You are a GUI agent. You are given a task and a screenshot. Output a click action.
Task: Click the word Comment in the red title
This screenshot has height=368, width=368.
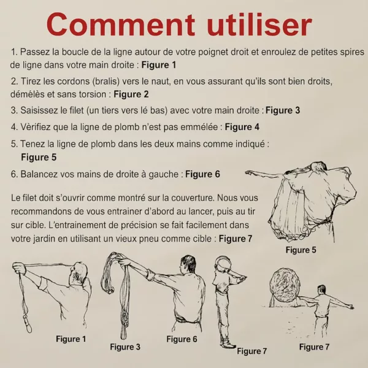pos(121,24)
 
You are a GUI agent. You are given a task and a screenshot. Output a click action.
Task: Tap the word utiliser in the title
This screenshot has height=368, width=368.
pos(259,24)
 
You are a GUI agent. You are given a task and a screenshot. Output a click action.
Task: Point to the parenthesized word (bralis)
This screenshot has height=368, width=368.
pos(107,82)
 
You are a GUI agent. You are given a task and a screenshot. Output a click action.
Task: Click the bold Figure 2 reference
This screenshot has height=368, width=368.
pos(131,94)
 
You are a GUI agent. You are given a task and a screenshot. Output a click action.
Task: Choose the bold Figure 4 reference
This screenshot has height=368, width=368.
pos(242,127)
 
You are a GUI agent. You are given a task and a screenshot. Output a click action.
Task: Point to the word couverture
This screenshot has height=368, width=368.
pos(193,198)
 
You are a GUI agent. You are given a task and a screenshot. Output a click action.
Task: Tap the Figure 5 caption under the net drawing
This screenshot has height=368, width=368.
pos(301,250)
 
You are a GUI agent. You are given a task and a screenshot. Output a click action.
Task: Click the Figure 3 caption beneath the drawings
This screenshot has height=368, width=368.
pos(125,347)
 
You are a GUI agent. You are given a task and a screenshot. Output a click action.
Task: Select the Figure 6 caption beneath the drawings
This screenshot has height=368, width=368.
pos(182,339)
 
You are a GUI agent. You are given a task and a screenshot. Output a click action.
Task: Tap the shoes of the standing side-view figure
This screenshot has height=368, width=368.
pos(227,344)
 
